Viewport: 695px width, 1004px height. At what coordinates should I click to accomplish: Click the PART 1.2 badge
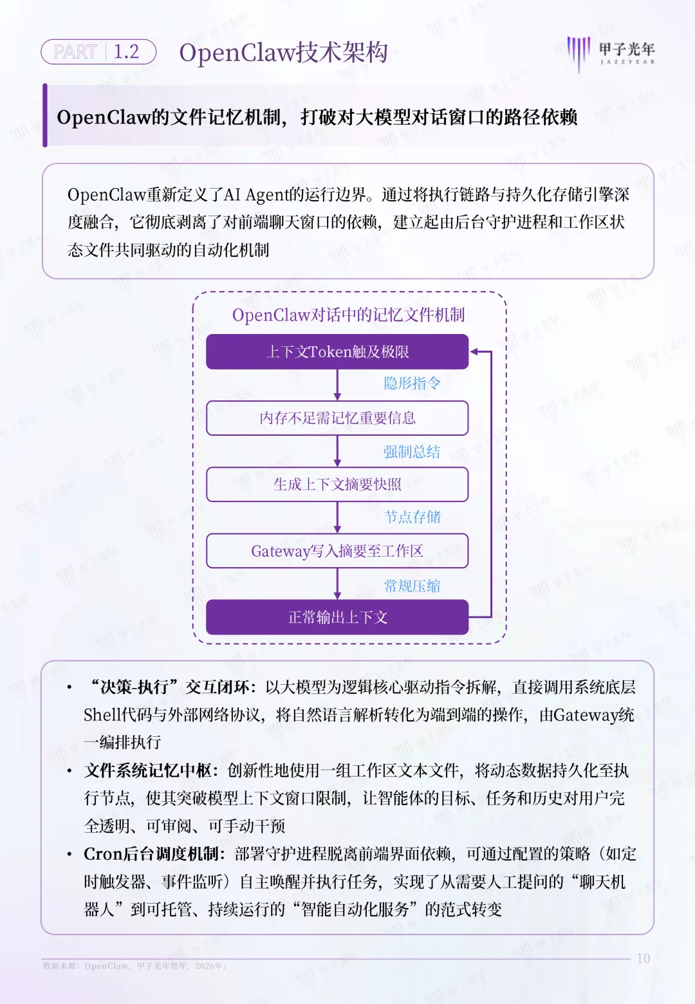(98, 52)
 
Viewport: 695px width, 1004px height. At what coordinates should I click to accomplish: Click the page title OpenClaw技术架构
(283, 53)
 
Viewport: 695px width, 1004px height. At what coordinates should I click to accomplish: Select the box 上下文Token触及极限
(337, 351)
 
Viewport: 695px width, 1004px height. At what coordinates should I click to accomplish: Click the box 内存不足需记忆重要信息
(337, 418)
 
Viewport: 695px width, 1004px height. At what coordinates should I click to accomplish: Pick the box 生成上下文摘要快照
(337, 484)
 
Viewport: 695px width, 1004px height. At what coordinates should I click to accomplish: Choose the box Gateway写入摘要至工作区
(337, 551)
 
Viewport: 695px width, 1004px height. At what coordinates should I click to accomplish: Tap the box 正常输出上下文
(337, 617)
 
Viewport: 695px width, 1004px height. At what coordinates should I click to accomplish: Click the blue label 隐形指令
(412, 384)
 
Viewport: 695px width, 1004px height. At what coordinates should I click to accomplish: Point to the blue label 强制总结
(412, 452)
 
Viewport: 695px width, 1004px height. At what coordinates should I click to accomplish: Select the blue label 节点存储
(412, 517)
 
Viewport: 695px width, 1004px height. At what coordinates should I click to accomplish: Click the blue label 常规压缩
(412, 586)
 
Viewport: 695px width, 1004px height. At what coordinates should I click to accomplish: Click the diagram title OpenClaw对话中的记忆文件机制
(348, 315)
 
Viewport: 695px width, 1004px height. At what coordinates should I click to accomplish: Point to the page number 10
(643, 958)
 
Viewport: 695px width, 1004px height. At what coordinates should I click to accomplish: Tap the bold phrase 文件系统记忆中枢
(147, 771)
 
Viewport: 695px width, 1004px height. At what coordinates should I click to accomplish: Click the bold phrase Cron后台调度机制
(152, 854)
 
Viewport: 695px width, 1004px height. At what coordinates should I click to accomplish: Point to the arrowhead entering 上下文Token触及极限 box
(474, 351)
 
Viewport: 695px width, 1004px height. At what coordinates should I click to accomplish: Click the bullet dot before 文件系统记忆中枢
(69, 771)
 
